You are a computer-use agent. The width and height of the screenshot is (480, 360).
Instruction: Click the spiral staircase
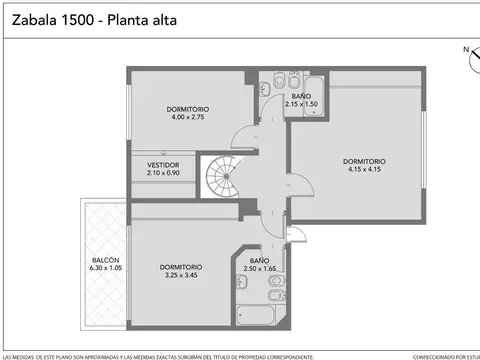223,178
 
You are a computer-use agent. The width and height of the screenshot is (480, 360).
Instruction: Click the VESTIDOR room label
163,164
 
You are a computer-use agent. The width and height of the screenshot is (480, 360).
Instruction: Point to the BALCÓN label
105,259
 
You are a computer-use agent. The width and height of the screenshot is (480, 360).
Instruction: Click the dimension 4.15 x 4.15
364,169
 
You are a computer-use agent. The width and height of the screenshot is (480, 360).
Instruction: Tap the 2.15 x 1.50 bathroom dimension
301,104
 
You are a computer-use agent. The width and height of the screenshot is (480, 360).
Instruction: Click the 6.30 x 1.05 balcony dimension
105,268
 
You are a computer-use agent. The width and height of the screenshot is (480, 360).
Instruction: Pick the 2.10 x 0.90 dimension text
163,173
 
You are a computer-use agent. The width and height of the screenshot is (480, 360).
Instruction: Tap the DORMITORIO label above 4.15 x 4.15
364,160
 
